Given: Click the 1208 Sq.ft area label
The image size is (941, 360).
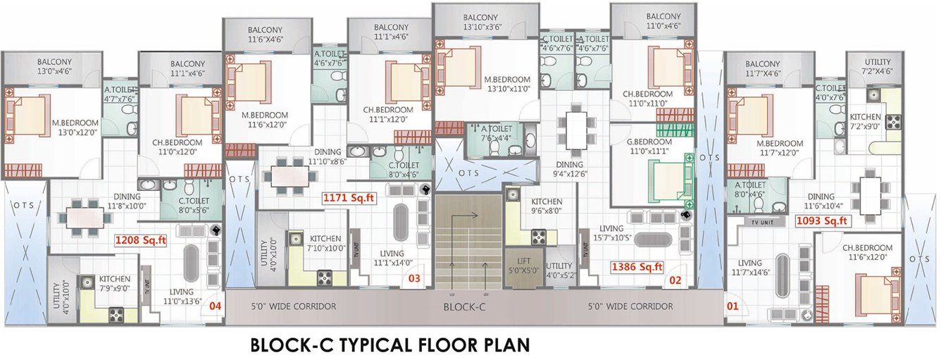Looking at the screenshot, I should (140, 240).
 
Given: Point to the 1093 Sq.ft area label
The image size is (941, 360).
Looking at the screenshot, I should (822, 221).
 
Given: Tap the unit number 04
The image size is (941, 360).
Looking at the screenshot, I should (216, 306).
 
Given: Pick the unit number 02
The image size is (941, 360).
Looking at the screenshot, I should (675, 280).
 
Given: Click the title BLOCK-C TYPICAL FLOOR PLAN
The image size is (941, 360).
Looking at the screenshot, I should (390, 346).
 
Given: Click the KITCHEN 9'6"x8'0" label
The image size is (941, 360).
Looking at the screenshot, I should (546, 205).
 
